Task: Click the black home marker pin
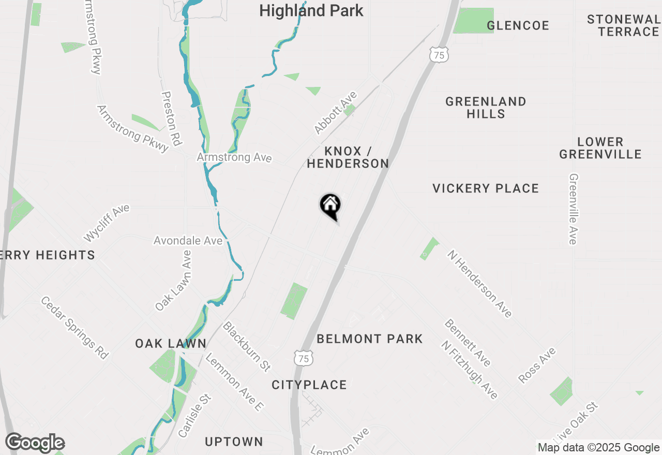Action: (x=330, y=205)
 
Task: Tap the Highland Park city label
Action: (x=311, y=10)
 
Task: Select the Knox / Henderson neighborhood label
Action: (x=348, y=157)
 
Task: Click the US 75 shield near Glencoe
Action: (x=439, y=54)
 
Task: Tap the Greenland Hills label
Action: (x=486, y=108)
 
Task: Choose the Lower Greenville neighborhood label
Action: (x=600, y=148)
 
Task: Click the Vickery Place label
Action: (x=486, y=188)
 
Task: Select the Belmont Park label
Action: (x=370, y=339)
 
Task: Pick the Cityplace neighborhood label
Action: (x=309, y=385)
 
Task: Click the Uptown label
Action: (x=234, y=442)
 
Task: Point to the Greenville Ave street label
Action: (x=573, y=208)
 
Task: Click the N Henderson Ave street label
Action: (x=480, y=283)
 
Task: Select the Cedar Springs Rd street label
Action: (x=74, y=327)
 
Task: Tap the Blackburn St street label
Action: (x=247, y=346)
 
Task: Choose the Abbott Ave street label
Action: (x=336, y=113)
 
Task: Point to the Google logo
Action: (x=35, y=443)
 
